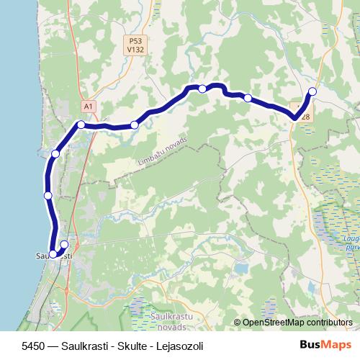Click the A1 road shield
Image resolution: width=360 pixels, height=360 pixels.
(88, 107)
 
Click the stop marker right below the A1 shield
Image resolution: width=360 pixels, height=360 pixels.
(81, 125)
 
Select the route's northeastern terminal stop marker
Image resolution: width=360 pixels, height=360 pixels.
(312, 91)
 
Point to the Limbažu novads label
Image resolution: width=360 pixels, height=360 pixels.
(161, 153)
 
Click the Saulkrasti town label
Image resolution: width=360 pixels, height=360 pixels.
(53, 256)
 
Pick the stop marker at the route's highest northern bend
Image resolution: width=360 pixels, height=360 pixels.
(203, 89)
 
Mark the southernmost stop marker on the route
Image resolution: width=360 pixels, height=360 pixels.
(53, 253)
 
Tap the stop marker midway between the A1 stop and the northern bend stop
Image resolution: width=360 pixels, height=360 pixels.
(135, 125)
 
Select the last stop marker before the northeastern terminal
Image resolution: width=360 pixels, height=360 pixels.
(248, 97)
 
